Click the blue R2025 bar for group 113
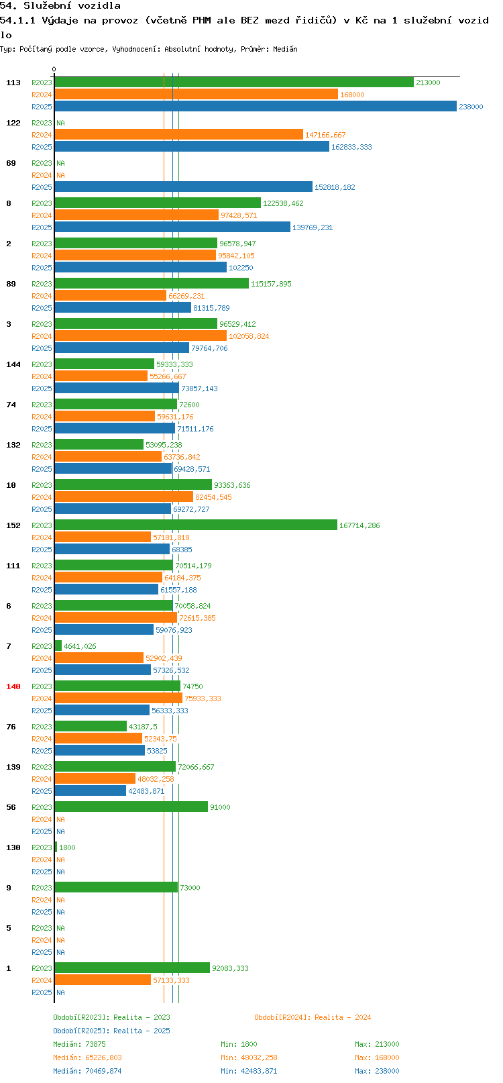pyautogui.click(x=256, y=107)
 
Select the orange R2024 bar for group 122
pyautogui.click(x=179, y=134)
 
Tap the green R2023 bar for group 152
pyautogui.click(x=196, y=525)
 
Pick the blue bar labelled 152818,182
pyautogui.click(x=184, y=187)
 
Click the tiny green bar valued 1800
pyautogui.click(x=56, y=847)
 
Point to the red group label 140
pyautogui.click(x=13, y=686)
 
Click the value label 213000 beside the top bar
pyautogui.click(x=428, y=83)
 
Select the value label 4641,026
pyautogui.click(x=80, y=646)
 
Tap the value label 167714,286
pyautogui.click(x=359, y=525)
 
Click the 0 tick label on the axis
pyautogui.click(x=54, y=69)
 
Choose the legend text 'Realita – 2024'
pyautogui.click(x=343, y=1017)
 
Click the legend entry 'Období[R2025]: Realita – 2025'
pyautogui.click(x=111, y=1031)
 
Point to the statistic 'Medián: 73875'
pyautogui.click(x=79, y=1044)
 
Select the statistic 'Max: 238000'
pyautogui.click(x=377, y=1071)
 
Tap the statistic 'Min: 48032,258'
pyautogui.click(x=249, y=1058)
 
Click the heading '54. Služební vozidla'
pyautogui.click(x=60, y=6)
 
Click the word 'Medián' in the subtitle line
pyautogui.click(x=285, y=49)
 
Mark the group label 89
pyautogui.click(x=11, y=284)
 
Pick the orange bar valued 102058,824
pyautogui.click(x=141, y=336)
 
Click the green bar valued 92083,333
pyautogui.click(x=132, y=968)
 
